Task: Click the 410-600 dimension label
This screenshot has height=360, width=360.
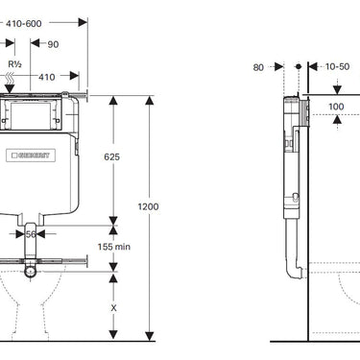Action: pos(24,23)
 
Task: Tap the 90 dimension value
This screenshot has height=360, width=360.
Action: pos(53,44)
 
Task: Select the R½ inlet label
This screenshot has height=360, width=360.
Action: pos(14,64)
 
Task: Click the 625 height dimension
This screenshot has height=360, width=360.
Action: pos(112,156)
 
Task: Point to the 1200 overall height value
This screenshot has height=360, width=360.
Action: pos(148,206)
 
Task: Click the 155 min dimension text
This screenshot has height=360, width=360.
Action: pos(114,247)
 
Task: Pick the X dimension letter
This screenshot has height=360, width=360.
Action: pos(113,308)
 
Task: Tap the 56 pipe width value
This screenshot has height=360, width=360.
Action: pos(31,234)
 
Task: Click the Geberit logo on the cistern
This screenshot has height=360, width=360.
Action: pos(31,156)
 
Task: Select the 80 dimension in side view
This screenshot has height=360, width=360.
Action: pos(258,67)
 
